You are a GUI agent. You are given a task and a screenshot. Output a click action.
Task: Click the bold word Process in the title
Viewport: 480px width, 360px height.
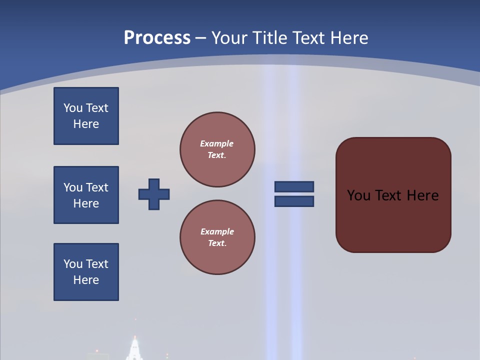157,38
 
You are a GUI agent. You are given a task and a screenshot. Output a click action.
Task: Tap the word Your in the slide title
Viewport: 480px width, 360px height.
229,38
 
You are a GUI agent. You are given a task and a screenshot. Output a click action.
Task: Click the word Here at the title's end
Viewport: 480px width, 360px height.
349,38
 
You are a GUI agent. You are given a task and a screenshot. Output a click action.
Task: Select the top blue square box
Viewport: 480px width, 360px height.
86,116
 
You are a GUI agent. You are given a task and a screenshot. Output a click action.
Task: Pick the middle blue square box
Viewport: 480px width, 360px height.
86,195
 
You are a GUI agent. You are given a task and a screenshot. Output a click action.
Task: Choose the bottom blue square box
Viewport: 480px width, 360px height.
86,272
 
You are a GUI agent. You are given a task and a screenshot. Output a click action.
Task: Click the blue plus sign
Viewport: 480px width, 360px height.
154,194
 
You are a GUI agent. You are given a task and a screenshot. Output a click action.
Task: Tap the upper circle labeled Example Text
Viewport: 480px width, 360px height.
217,149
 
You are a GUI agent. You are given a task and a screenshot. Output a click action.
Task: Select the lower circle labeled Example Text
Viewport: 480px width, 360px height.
217,237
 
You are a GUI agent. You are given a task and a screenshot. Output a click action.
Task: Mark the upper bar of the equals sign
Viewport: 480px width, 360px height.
294,186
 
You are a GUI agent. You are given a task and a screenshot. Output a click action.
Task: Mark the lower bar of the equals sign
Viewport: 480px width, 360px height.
294,201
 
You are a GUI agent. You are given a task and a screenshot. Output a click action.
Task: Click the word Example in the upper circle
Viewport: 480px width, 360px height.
217,143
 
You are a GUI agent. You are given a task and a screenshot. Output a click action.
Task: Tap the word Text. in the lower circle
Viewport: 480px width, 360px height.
217,243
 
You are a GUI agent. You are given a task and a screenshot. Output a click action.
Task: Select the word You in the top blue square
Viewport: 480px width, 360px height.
72,108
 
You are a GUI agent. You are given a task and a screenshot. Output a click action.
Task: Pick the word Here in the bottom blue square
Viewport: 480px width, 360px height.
86,280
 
